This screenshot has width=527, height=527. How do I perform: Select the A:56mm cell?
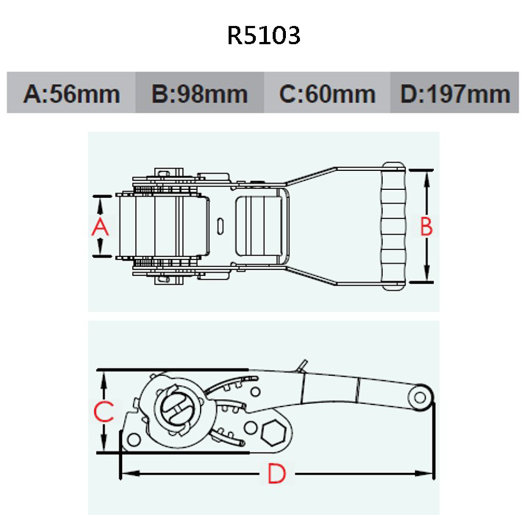pyautogui.click(x=72, y=93)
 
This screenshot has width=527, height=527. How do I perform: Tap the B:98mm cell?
pyautogui.click(x=200, y=93)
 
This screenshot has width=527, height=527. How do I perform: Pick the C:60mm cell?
pyautogui.click(x=327, y=93)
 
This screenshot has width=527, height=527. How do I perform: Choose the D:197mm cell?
pyautogui.click(x=455, y=93)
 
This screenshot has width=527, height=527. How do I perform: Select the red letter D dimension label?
pyautogui.click(x=276, y=474)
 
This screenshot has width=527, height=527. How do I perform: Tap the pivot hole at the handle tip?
pyautogui.click(x=420, y=397)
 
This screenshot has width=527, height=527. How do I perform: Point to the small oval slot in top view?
pyautogui.click(x=220, y=226)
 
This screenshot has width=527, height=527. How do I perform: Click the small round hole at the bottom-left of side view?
pyautogui.click(x=134, y=438)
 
